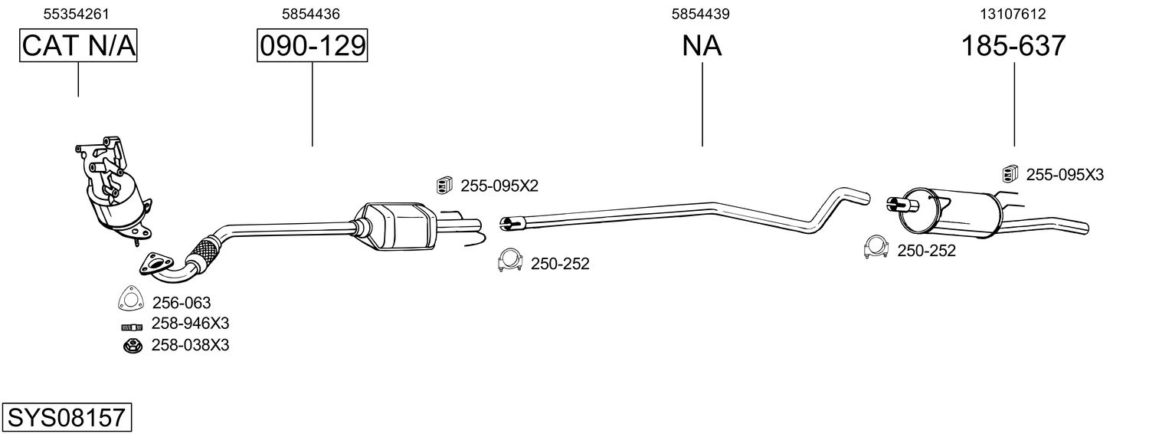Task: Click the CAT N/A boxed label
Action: click(78, 45)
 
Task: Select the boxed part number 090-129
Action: click(313, 45)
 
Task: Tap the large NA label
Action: click(702, 45)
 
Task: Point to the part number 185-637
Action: click(1013, 45)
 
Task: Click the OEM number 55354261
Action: click(77, 14)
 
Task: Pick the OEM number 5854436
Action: click(311, 14)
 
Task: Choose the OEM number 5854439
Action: click(701, 14)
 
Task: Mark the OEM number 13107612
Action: click(1013, 14)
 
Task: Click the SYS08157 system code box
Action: click(67, 417)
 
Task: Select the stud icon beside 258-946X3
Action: click(132, 327)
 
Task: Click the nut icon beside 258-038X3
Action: click(133, 346)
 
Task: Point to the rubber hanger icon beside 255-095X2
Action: click(444, 186)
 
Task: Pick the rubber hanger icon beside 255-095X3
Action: click(1010, 174)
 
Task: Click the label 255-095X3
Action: click(1065, 175)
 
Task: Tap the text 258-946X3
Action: click(191, 324)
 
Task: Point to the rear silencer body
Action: click(950, 212)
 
